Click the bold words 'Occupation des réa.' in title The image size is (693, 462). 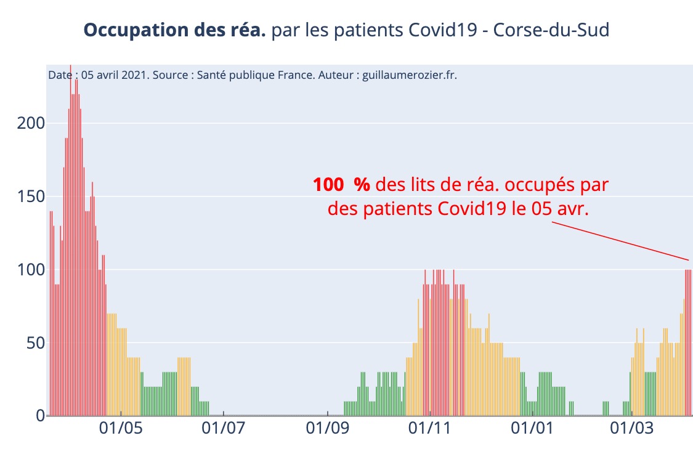(174, 30)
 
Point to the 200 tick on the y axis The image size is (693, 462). (30, 123)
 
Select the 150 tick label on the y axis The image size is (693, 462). (30, 197)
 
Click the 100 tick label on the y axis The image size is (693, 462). (30, 270)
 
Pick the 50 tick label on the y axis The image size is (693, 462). (34, 342)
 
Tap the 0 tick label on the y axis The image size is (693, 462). (39, 416)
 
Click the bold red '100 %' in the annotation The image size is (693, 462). (341, 185)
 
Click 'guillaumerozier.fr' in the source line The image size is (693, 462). (409, 75)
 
